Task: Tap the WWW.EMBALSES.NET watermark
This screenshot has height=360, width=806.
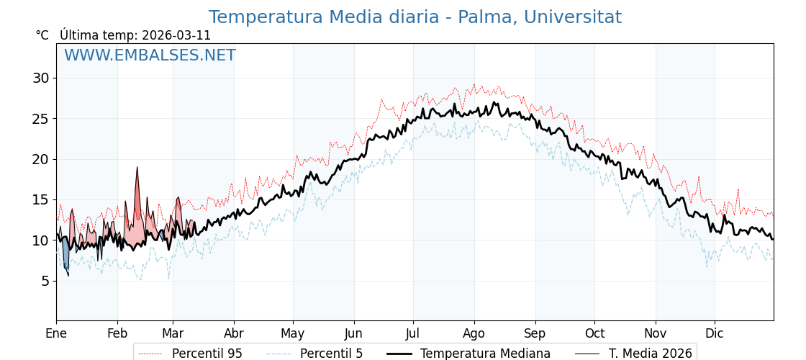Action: click(150, 55)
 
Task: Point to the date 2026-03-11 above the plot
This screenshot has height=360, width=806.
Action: click(176, 35)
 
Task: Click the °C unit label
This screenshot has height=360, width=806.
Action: click(42, 35)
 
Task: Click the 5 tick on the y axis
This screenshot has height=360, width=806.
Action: click(44, 281)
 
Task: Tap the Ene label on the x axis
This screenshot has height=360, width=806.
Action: click(56, 333)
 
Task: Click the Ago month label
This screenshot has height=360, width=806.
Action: click(474, 333)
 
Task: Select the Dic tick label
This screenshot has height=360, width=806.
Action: click(715, 333)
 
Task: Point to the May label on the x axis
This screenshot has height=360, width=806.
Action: click(293, 333)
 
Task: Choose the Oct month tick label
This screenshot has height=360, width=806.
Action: click(594, 333)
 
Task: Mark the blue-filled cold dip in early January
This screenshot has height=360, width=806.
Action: click(65, 256)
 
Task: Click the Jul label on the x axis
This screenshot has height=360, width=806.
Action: click(413, 333)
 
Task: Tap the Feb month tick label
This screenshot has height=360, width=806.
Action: click(117, 333)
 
